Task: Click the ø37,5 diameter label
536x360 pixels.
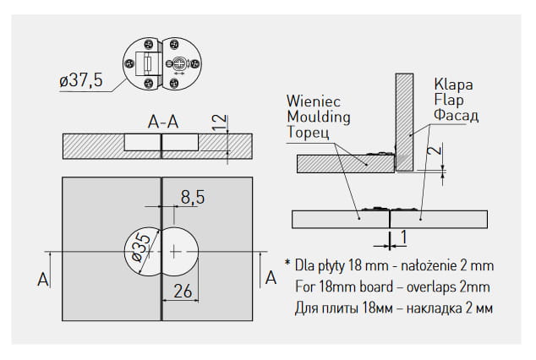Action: tap(80, 81)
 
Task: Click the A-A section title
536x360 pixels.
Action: tap(162, 122)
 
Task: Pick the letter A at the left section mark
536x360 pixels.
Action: tap(43, 278)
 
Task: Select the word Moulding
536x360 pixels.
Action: tap(319, 117)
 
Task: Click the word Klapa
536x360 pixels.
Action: tap(452, 85)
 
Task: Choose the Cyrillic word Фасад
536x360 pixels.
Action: tap(457, 115)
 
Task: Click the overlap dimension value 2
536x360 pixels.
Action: tap(431, 153)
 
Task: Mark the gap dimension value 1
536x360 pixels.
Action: tap(406, 236)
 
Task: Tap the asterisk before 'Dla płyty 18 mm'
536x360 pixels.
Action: tap(287, 263)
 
